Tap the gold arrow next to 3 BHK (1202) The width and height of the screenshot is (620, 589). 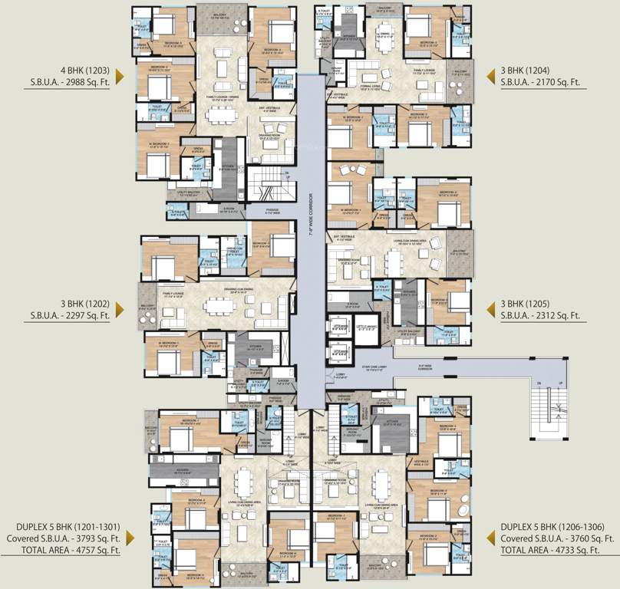pyautogui.click(x=122, y=309)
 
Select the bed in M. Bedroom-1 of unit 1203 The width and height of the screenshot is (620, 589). pyautogui.click(x=157, y=164)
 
